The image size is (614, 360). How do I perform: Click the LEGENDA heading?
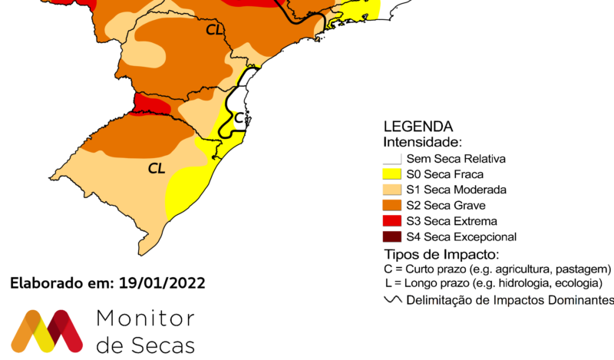pos(418,127)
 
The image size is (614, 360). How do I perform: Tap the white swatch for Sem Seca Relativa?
pos(392,159)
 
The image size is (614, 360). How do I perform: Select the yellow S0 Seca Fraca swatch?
pos(392,174)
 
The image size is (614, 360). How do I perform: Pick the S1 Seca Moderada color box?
pos(392,190)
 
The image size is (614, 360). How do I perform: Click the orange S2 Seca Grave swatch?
pos(392,205)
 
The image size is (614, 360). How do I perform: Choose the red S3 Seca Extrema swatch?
pos(392,221)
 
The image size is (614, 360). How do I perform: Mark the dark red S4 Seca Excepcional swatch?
pos(392,236)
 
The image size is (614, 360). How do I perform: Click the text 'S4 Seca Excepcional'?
pos(461,236)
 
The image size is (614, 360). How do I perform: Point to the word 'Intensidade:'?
pos(422,142)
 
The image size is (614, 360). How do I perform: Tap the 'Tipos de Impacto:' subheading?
pos(441,254)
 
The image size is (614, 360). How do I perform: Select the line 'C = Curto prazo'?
pos(497,269)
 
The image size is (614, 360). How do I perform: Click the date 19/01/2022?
pos(162,282)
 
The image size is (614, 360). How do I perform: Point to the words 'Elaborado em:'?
pos(62,282)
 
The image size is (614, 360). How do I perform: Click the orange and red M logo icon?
pos(47,331)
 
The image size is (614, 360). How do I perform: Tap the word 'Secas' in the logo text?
pos(163,345)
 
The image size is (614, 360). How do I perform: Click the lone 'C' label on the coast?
pos(239,117)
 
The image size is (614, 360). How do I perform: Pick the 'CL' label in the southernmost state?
pos(157,167)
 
